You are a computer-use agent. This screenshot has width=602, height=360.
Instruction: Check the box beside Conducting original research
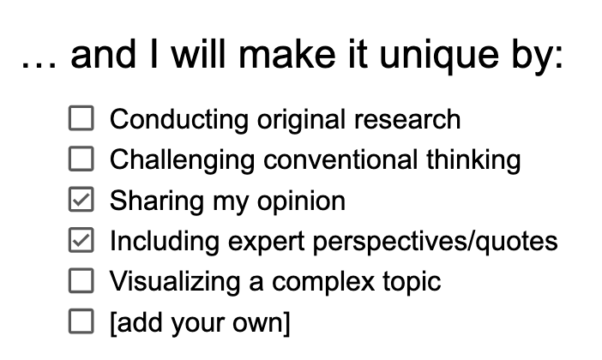click(x=80, y=118)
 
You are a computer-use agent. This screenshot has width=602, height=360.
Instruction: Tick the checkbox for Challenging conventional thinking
click(x=80, y=159)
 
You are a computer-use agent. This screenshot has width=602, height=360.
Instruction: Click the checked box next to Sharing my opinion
click(x=80, y=201)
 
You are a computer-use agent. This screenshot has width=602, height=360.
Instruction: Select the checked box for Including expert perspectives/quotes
click(x=80, y=242)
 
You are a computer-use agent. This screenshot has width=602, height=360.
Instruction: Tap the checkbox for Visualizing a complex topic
click(x=80, y=282)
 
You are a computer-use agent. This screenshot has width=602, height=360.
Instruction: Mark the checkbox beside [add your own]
click(x=80, y=323)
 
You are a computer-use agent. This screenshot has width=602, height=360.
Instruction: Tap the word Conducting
click(x=180, y=118)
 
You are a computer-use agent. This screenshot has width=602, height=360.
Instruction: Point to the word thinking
click(x=475, y=159)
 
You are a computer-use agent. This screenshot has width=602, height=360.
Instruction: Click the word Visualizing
click(x=169, y=283)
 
